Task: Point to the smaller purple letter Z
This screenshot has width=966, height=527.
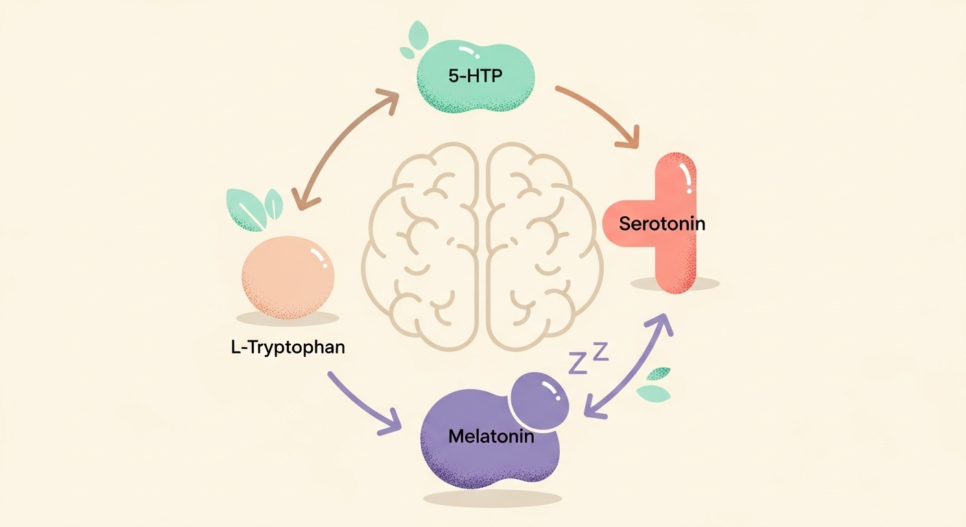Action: point(601,351)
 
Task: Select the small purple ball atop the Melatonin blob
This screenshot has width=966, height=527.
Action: point(542,399)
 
